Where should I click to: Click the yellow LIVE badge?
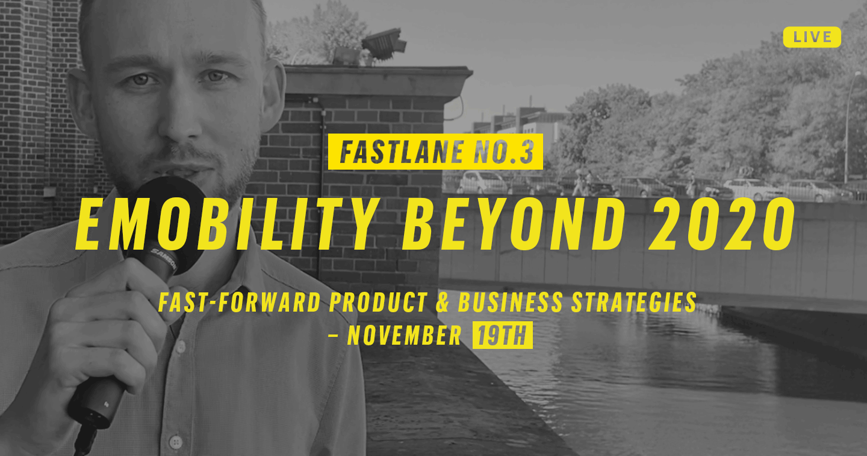[812, 37]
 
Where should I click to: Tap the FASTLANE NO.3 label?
[435, 152]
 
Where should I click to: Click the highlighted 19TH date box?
[502, 336]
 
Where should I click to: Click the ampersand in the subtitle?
[443, 303]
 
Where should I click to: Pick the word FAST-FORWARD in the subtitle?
[237, 303]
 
